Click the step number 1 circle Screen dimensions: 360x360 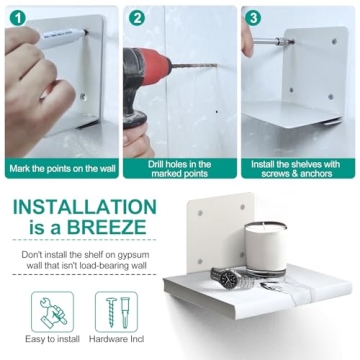[18, 18]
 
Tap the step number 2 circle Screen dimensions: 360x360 [137, 18]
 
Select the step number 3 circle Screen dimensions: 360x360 [254, 18]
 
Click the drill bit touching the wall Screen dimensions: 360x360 [194, 66]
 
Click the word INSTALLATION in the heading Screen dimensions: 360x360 [85, 207]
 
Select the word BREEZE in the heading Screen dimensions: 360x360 [107, 228]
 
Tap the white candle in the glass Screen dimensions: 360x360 [266, 248]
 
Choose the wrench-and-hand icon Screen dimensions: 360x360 [52, 312]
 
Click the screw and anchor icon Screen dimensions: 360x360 [116, 312]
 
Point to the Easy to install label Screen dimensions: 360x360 [52, 339]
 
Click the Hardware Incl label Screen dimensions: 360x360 [116, 339]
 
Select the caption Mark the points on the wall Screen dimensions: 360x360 [62, 168]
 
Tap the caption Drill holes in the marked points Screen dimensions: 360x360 [180, 169]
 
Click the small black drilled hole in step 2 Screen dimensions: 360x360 [217, 112]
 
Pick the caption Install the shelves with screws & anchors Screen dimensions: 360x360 [297, 169]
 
